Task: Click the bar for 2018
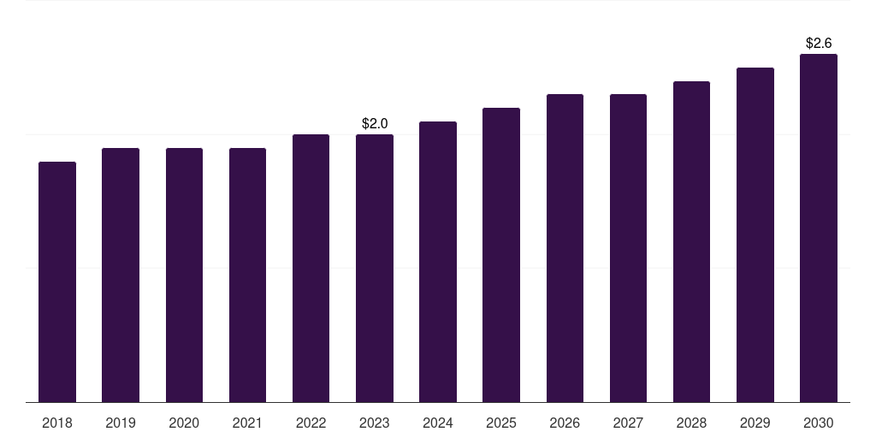(57, 282)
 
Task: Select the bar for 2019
(121, 275)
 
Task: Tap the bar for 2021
(247, 275)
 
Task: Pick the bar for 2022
(311, 268)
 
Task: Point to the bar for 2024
(438, 262)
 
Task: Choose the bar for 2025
(501, 255)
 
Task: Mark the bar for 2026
(565, 249)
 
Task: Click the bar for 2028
(691, 242)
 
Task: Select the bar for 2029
(755, 235)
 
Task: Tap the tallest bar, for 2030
(819, 228)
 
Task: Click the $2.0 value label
(375, 123)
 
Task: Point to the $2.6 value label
(819, 43)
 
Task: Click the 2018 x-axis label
(57, 423)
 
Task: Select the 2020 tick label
(184, 423)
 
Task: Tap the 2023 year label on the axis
(375, 423)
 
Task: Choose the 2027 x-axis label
(628, 423)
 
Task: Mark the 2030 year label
(819, 423)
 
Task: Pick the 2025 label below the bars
(501, 423)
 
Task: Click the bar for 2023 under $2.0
(375, 268)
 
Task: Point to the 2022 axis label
(311, 423)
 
